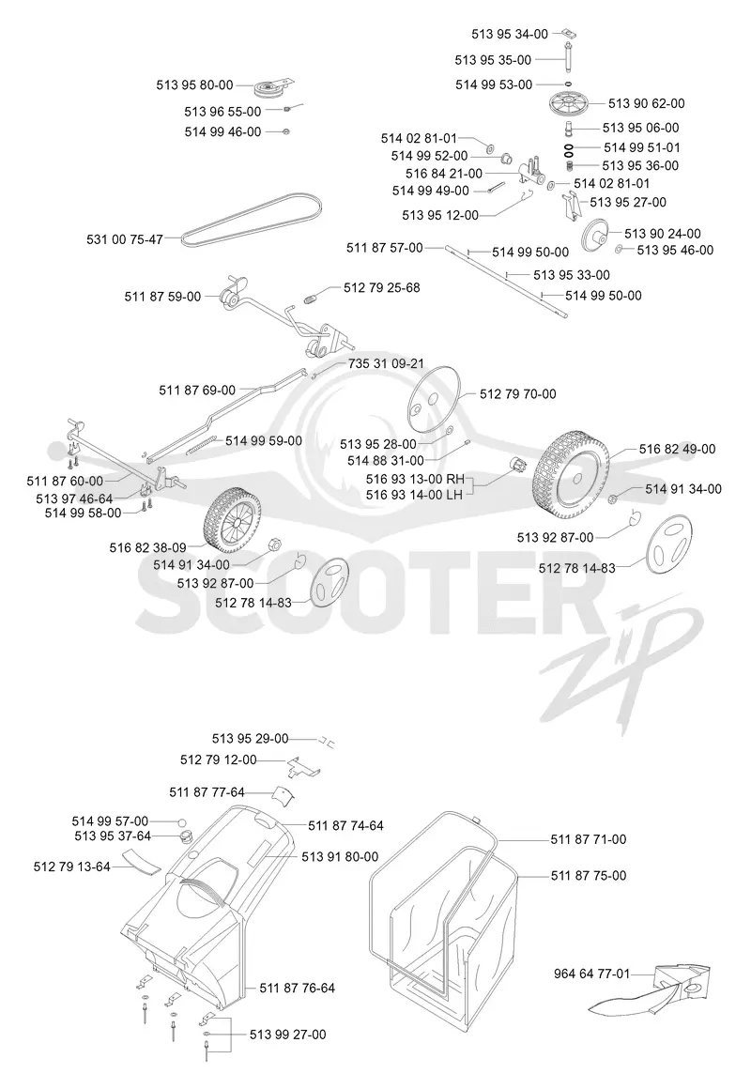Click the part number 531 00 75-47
[x=124, y=239]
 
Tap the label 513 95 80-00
[x=194, y=85]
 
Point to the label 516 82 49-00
[x=677, y=450]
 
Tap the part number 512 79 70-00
[x=517, y=394]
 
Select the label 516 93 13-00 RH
[x=415, y=479]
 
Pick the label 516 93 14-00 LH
[x=414, y=495]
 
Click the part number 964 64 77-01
[x=592, y=974]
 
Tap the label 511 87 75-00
[x=589, y=876]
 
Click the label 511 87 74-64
[x=346, y=826]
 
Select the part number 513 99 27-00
[x=287, y=1035]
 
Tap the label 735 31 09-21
[x=386, y=364]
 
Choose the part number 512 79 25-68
[x=381, y=287]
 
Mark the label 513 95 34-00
[x=509, y=34]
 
